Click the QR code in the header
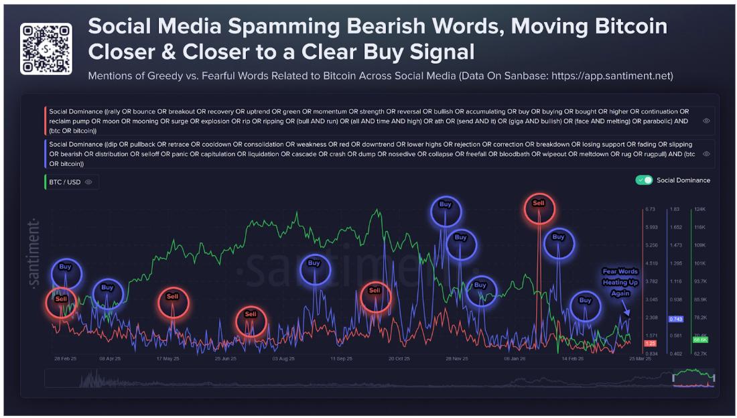pos(46,48)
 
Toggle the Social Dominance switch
pos(644,180)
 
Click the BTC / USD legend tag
pos(70,182)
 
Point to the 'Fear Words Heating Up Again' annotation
pos(620,282)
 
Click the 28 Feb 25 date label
pos(65,358)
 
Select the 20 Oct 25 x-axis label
pos(399,358)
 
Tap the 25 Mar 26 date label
pos(640,358)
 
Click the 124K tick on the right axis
pos(699,209)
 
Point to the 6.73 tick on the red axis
pos(650,209)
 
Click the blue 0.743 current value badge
pos(675,319)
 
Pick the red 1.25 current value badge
pos(650,344)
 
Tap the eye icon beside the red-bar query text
pos(706,121)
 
